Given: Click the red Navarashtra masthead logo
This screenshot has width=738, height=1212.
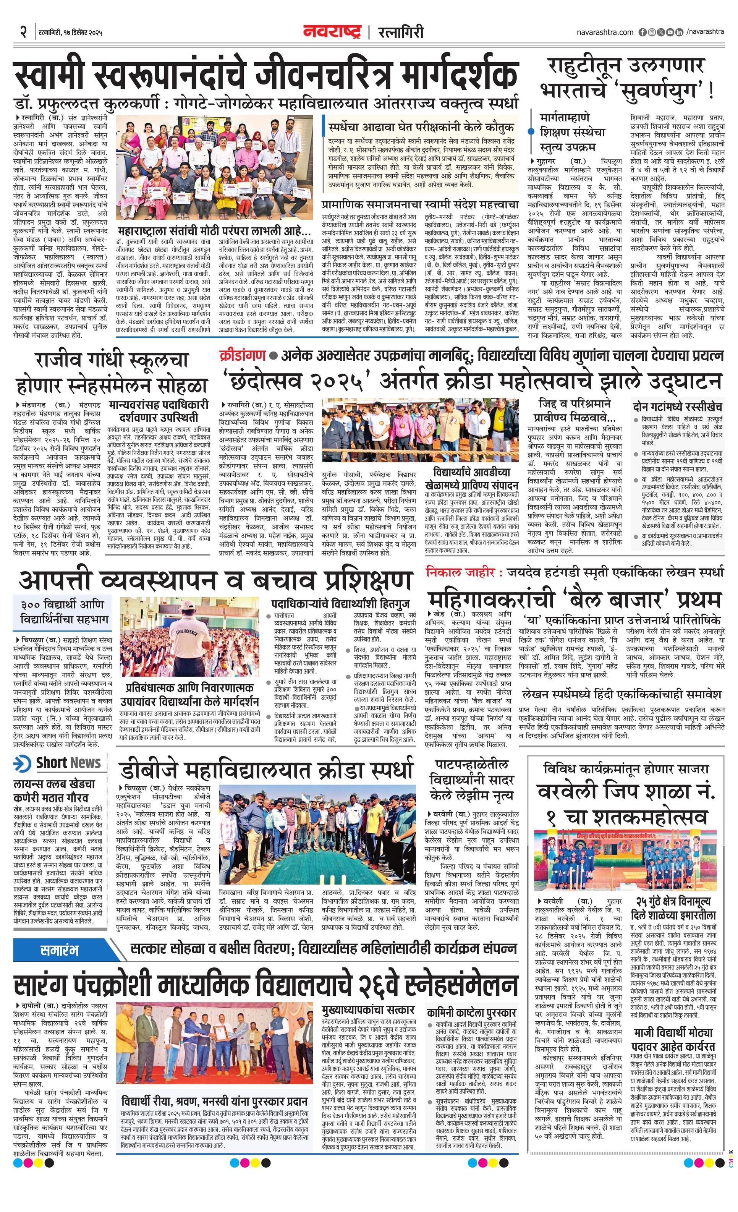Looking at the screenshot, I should coord(332,32).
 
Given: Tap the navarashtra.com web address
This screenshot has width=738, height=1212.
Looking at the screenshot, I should coord(605,32).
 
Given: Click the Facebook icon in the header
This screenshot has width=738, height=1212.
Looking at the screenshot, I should coord(642,32).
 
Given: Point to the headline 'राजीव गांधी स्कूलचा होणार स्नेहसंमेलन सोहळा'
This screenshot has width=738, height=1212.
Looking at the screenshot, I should coord(111,373).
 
